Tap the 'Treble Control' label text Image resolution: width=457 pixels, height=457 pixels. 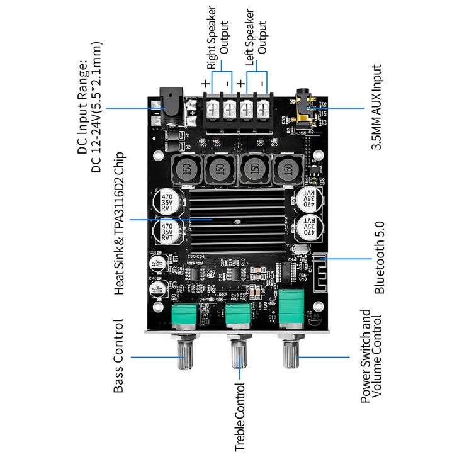point(240,417)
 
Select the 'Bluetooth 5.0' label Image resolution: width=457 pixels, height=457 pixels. point(379,258)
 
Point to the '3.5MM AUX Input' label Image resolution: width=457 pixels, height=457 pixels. point(376,107)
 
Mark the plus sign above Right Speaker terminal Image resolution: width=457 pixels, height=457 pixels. point(206,84)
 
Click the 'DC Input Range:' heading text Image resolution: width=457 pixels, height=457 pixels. point(82,107)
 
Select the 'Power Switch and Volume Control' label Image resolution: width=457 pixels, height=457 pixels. point(371,356)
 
